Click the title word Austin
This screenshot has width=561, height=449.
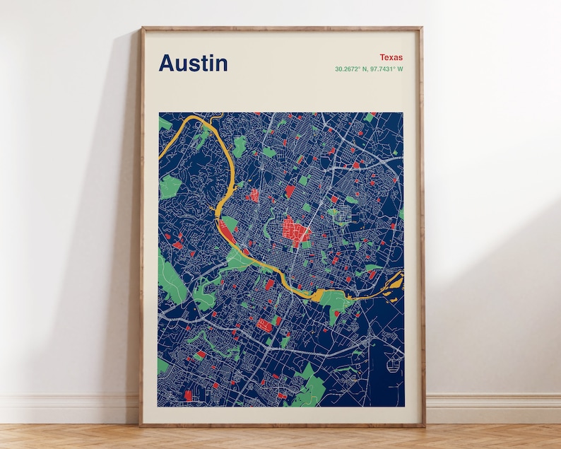193,63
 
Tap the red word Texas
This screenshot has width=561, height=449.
391,57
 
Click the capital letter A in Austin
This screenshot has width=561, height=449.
167,63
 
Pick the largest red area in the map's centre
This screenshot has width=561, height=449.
296,231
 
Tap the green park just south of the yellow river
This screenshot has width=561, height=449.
334,302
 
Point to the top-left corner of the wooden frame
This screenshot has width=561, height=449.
141,28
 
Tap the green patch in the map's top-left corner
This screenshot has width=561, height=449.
164,124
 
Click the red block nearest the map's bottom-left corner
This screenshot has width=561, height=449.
188,395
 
